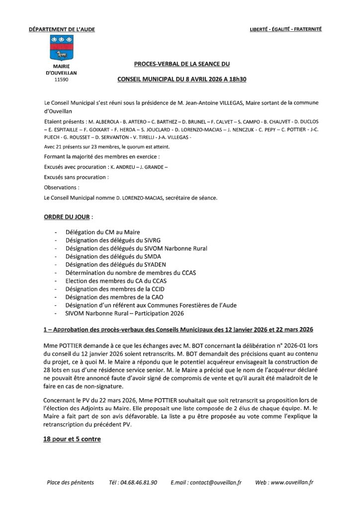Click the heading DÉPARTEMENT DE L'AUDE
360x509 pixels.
[x=62, y=29]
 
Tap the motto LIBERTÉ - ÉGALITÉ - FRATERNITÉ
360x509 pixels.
[x=285, y=29]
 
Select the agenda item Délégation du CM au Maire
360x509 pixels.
[x=102, y=232]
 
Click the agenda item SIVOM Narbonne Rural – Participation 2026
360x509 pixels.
[x=124, y=314]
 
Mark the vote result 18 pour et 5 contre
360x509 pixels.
[x=72, y=439]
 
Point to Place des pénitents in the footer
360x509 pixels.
[x=70, y=483]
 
